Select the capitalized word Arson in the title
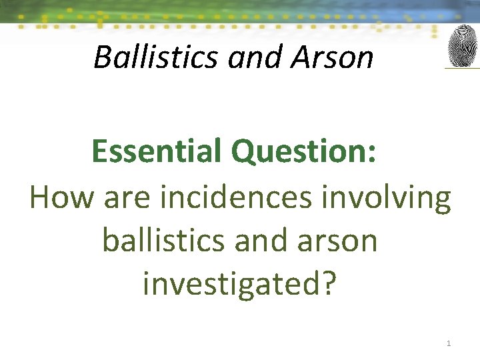[x=331, y=57]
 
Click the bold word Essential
[x=157, y=151]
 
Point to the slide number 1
[x=449, y=343]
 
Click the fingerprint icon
[x=462, y=46]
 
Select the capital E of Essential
[x=99, y=151]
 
